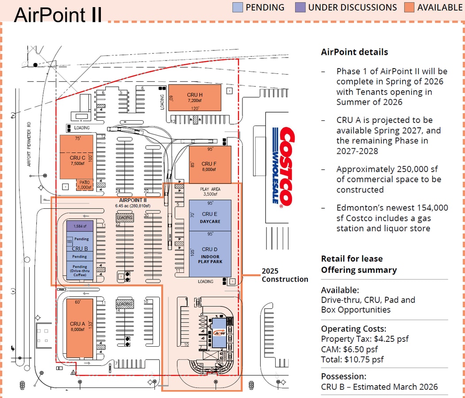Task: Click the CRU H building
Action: coord(194,98)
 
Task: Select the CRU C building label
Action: coord(77,158)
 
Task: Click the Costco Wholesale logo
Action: coord(281,167)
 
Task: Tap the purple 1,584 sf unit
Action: coord(80,226)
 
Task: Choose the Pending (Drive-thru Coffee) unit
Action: coord(80,271)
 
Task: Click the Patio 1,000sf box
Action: coord(85,184)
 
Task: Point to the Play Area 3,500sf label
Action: coord(210,191)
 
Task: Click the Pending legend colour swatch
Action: coord(238,7)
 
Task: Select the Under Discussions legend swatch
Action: coord(300,7)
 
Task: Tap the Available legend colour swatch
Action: coord(409,7)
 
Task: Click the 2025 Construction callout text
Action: coord(284,275)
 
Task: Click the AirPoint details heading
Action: coord(354,52)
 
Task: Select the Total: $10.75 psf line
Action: coord(352,359)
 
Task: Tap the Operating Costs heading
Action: coord(354,329)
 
